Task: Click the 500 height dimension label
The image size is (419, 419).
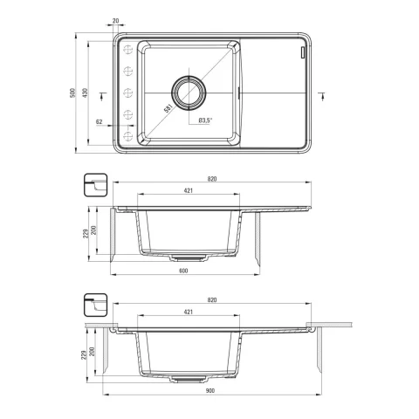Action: pyautogui.click(x=72, y=93)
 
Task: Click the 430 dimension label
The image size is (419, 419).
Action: pyautogui.click(x=85, y=93)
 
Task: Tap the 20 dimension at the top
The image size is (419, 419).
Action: pyautogui.click(x=115, y=21)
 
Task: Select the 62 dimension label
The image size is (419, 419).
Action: pyautogui.click(x=100, y=122)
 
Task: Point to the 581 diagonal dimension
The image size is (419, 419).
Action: pyautogui.click(x=168, y=108)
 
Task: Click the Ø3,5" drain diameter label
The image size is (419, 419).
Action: pyautogui.click(x=205, y=120)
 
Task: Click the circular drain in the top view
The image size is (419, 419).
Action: pyautogui.click(x=189, y=93)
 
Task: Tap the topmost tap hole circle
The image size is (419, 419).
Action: pyautogui.click(x=127, y=50)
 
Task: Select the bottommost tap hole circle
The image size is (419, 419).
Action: pyautogui.click(x=127, y=136)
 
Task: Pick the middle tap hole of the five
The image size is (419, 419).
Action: pyautogui.click(x=127, y=93)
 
